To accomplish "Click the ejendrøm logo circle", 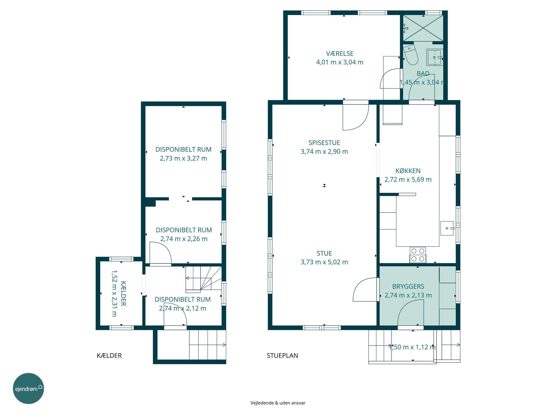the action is coord(28,388).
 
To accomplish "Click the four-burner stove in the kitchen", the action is coord(418,255).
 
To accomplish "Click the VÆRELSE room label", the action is coord(340,54).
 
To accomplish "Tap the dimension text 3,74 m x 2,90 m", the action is coord(324,152).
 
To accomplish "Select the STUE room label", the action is coord(324,253).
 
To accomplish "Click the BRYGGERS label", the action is coord(408,287).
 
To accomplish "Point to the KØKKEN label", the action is coord(408,171).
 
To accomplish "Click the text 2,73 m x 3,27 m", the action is coord(183,158).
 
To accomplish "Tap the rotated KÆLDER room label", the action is coord(123,293).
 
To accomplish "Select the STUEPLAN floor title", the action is coord(282,356).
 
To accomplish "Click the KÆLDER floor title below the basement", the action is coord(109,356).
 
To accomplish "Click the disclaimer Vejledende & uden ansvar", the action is coord(278,403).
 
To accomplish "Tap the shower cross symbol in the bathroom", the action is coord(423,28).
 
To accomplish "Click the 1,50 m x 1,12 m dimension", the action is coord(412,347).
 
